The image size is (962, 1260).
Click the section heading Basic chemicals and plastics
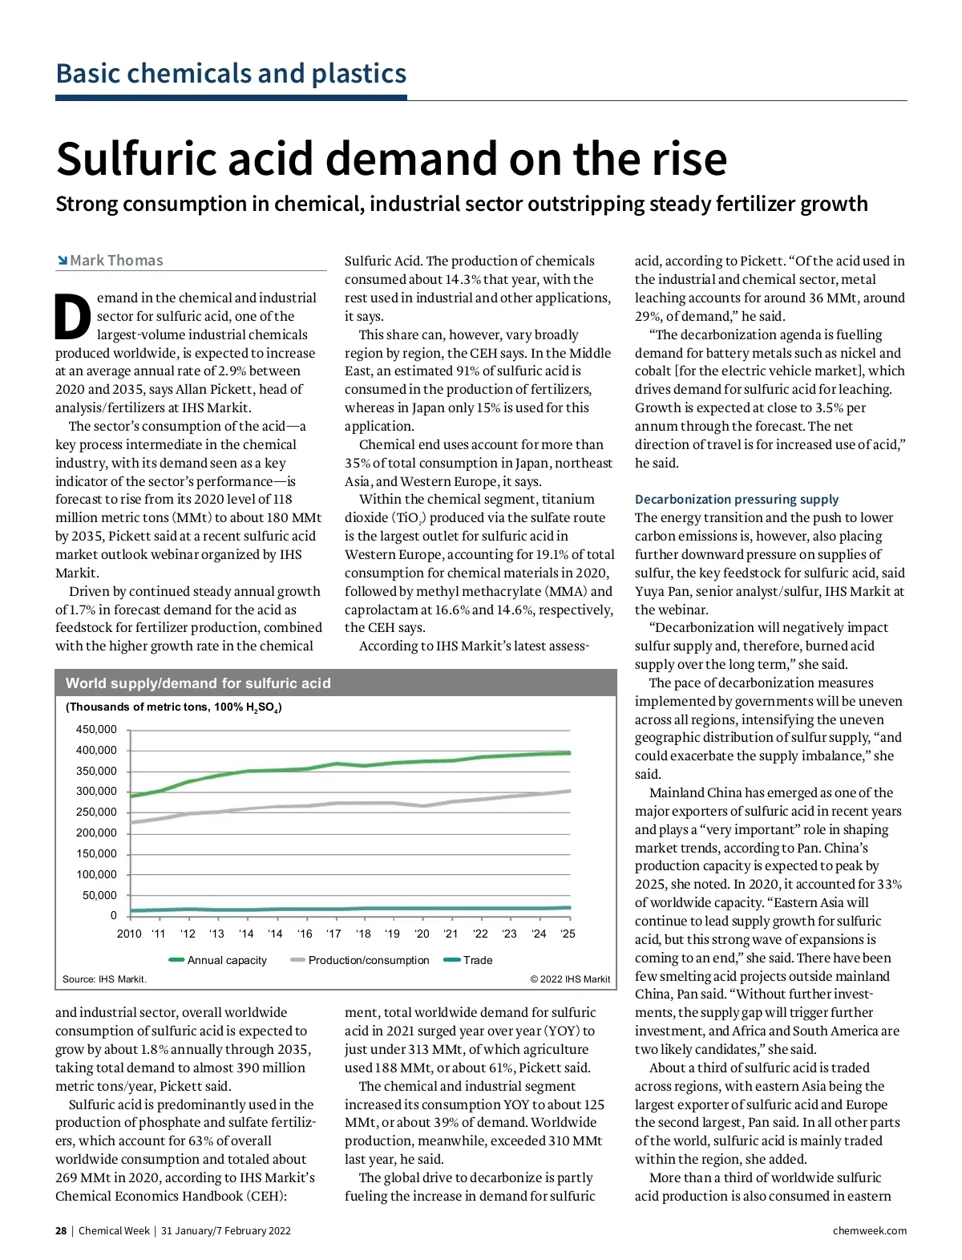[231, 74]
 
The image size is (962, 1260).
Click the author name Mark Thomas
[116, 261]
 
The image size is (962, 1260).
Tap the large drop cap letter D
[73, 317]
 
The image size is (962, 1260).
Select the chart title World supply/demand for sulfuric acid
[198, 683]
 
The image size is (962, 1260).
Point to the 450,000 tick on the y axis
[96, 730]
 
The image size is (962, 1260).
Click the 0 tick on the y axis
[113, 915]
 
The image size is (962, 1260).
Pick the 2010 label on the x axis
[129, 934]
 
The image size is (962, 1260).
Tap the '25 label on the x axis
[568, 934]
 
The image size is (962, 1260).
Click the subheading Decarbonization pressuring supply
[737, 499]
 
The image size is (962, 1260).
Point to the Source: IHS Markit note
[104, 979]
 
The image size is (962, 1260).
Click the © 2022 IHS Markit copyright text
[570, 979]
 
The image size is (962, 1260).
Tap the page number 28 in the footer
[61, 1231]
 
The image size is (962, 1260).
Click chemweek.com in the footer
[870, 1231]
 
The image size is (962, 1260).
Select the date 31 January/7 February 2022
[226, 1231]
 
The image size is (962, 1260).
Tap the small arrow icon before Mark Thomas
[62, 261]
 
